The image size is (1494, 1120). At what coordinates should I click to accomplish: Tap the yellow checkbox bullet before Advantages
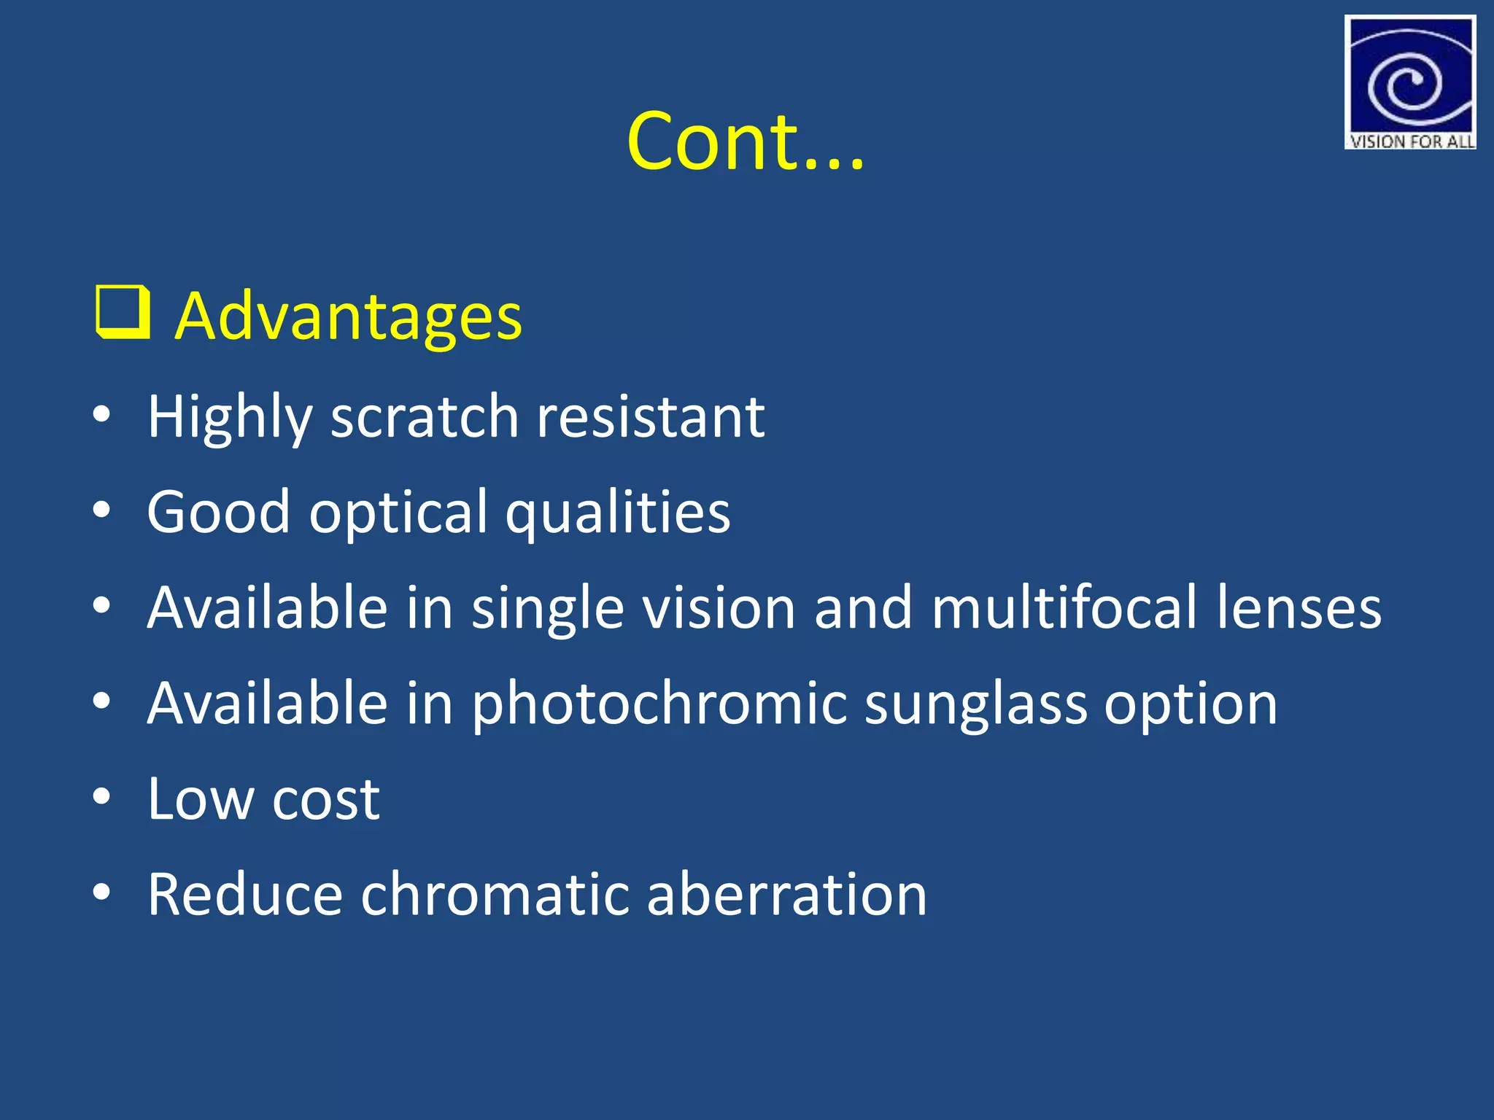[x=123, y=314]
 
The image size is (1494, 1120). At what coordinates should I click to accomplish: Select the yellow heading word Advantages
[x=349, y=316]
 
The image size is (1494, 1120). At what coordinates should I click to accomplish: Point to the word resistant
[x=651, y=416]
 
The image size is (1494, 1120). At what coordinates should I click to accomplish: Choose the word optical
[x=398, y=513]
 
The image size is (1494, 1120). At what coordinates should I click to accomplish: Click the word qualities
[x=618, y=513]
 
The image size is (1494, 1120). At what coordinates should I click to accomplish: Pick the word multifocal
[x=1064, y=607]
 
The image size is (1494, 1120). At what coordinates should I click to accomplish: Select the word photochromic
[x=659, y=704]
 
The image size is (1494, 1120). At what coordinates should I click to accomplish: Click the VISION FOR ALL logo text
[x=1411, y=141]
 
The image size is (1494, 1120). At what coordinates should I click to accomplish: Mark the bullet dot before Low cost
[x=101, y=797]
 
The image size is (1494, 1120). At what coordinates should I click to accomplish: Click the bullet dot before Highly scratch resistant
[x=101, y=415]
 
